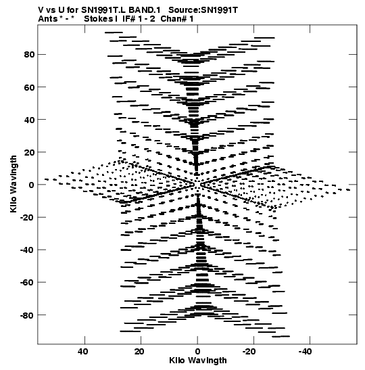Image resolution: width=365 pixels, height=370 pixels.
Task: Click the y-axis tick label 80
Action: (29, 55)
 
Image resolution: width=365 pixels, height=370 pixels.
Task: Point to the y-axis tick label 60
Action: (29, 87)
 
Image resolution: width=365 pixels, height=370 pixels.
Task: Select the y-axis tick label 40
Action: (29, 120)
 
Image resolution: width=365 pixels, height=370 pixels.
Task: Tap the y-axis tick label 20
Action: (29, 152)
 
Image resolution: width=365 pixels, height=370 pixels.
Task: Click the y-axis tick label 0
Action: (32, 185)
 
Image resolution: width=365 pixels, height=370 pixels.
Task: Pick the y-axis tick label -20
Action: (27, 217)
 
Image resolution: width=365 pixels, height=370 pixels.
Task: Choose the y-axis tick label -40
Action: (27, 250)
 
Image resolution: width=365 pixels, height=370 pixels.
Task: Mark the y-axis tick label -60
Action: (27, 283)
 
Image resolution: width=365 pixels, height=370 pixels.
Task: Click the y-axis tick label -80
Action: (27, 315)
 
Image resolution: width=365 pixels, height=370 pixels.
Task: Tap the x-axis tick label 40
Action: (83, 352)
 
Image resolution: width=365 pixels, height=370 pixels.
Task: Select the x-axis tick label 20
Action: (139, 352)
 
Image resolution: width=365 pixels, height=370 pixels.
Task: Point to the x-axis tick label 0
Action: (197, 352)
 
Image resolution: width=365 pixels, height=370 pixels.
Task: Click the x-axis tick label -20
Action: (249, 352)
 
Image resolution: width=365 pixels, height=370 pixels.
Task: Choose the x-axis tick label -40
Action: (305, 352)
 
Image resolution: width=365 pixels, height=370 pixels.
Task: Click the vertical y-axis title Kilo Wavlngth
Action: (14, 184)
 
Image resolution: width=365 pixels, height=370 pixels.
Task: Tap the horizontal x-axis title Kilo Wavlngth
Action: (198, 361)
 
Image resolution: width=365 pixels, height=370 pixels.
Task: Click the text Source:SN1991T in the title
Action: (203, 10)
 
